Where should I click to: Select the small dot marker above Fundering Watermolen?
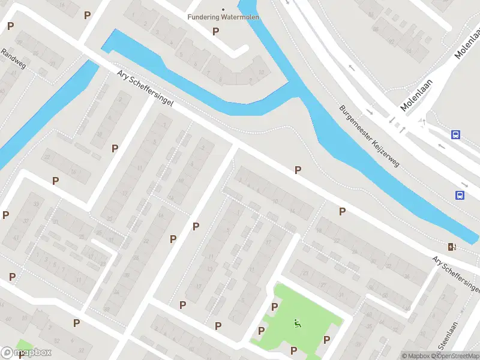point(223,9)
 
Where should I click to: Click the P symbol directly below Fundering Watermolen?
point(215,31)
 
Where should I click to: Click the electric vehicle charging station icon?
point(452,247)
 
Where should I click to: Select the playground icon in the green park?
point(296,324)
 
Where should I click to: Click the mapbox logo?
point(26,352)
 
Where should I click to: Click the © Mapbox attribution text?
point(415,356)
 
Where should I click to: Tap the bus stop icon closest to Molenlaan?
point(456,135)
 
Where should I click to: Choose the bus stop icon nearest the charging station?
point(460,195)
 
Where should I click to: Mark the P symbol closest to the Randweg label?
point(10,26)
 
